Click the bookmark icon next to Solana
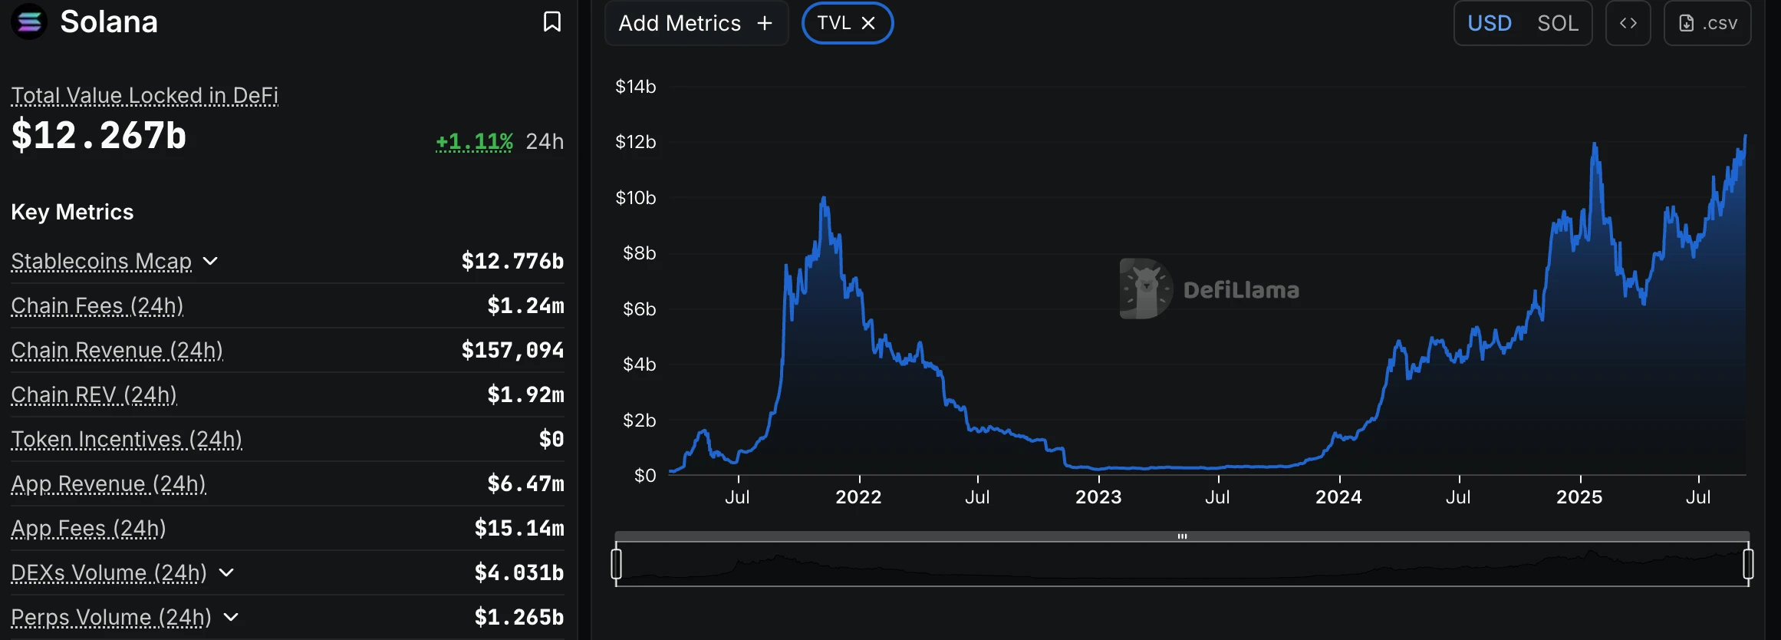[x=551, y=21]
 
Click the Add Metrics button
[x=696, y=23]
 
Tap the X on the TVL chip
[x=868, y=23]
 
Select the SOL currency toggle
[x=1557, y=23]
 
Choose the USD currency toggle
[x=1489, y=23]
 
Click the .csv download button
[x=1707, y=23]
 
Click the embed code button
[x=1628, y=23]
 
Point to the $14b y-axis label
[x=635, y=87]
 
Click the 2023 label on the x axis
[x=1098, y=497]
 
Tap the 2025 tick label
[x=1579, y=497]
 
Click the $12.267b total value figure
[x=99, y=136]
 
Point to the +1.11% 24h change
[x=474, y=142]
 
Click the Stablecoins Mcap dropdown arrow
[x=211, y=261]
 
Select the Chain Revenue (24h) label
[x=117, y=350]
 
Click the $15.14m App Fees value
[x=518, y=528]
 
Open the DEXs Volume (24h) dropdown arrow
[x=226, y=572]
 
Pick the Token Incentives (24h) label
[x=127, y=439]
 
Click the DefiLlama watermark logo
[x=1146, y=289]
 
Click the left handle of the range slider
[x=616, y=564]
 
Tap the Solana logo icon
[x=29, y=21]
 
